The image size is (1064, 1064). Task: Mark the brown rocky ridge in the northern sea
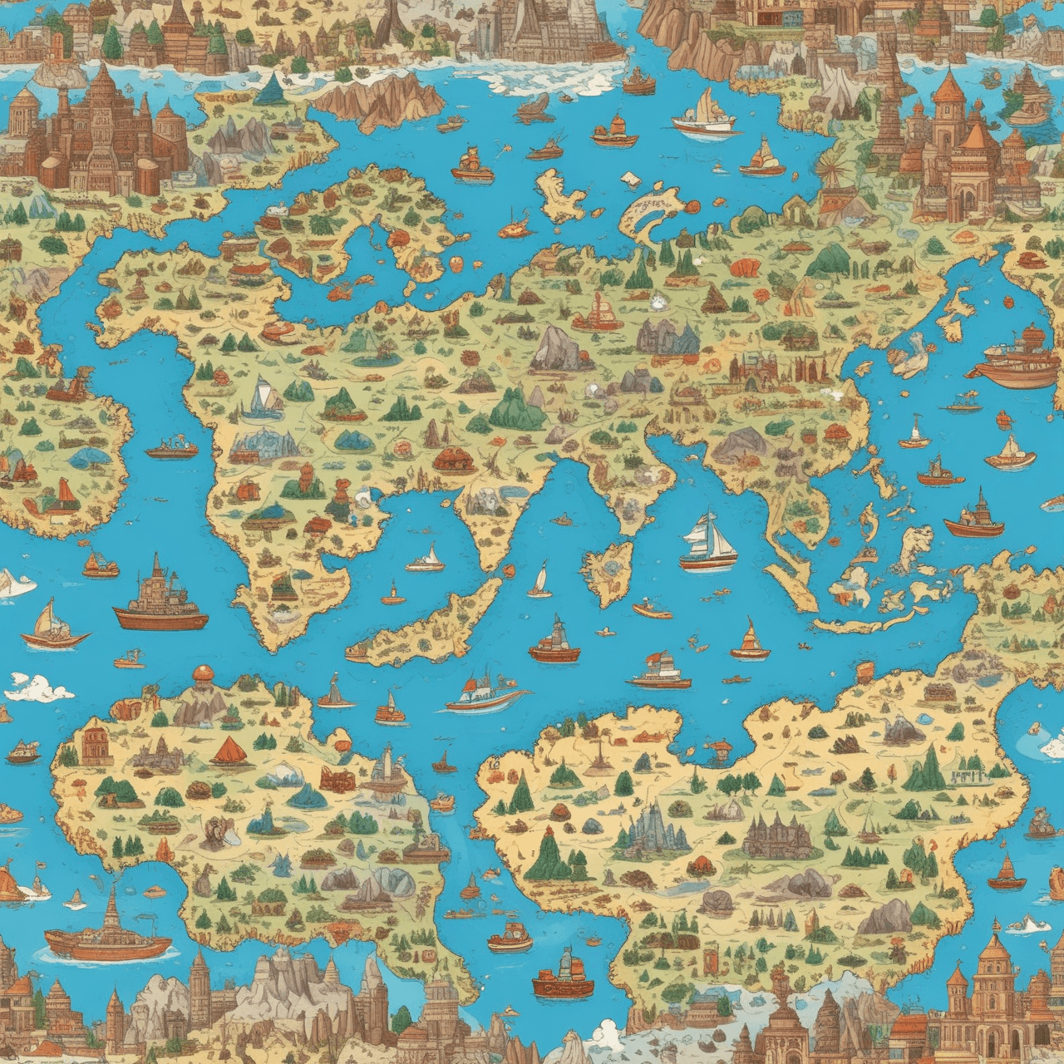378,100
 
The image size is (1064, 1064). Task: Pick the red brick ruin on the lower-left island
336,778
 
